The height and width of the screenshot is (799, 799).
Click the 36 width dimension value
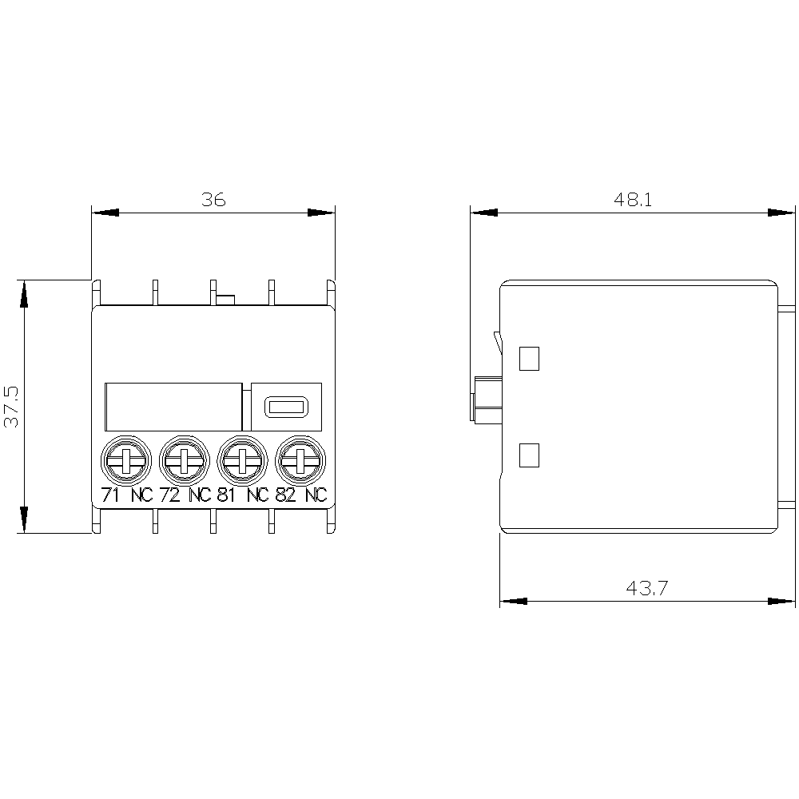213,199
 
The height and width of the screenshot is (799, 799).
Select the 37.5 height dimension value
11,406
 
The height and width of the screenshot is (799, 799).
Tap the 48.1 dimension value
632,199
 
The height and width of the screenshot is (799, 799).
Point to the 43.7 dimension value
646,588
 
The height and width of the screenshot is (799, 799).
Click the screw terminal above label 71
126,461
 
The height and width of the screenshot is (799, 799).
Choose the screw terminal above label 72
184,461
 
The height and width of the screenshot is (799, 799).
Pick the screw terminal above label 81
242,461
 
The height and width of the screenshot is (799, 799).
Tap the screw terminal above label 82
300,461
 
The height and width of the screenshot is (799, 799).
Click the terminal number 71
110,495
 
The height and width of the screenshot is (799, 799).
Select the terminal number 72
169,495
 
